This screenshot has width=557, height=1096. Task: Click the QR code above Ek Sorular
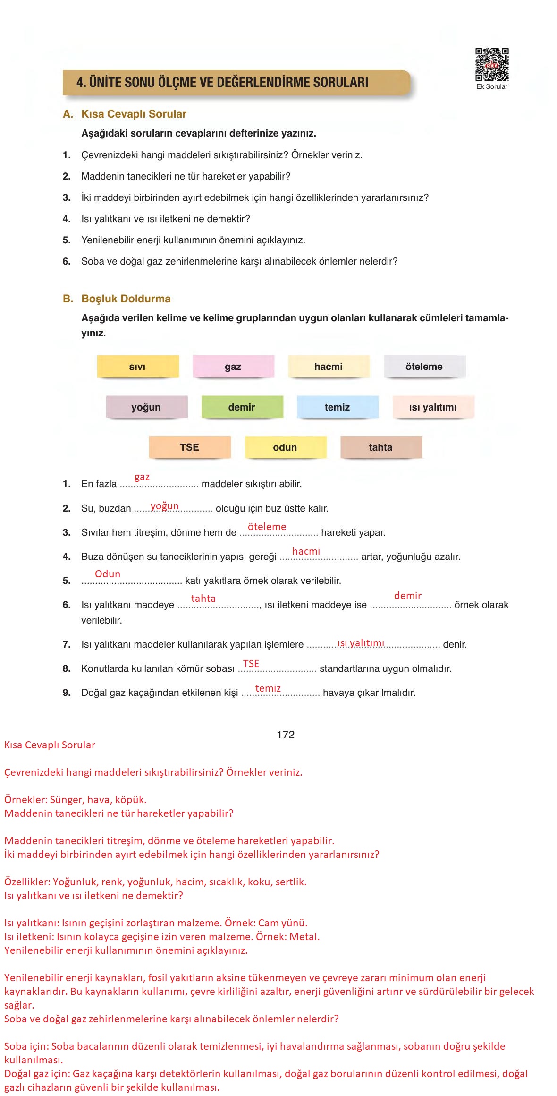[x=492, y=65]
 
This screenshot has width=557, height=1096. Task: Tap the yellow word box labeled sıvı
[x=138, y=367]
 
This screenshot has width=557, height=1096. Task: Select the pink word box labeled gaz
[x=233, y=367]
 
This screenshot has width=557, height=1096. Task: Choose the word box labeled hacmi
[x=329, y=367]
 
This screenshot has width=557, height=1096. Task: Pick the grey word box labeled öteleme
[x=424, y=367]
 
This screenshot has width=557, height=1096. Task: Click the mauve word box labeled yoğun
[x=146, y=407]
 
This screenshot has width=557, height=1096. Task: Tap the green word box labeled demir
[x=242, y=407]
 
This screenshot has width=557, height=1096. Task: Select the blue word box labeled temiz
[x=338, y=407]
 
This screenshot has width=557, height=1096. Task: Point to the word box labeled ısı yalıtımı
[x=433, y=407]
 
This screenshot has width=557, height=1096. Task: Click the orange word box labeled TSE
[x=190, y=447]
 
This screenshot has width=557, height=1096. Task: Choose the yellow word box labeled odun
[x=285, y=447]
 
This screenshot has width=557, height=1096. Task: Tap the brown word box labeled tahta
[x=381, y=447]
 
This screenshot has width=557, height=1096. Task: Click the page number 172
[x=286, y=735]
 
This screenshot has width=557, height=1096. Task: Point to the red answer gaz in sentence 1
[x=142, y=477]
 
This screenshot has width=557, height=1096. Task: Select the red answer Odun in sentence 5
[x=108, y=574]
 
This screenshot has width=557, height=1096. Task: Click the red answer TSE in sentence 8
[x=251, y=663]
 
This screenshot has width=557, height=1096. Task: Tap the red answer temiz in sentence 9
[x=268, y=688]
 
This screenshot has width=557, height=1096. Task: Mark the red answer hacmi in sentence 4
[x=306, y=551]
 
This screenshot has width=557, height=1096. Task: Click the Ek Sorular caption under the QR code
[x=492, y=86]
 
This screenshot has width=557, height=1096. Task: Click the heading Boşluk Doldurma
[x=126, y=299]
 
